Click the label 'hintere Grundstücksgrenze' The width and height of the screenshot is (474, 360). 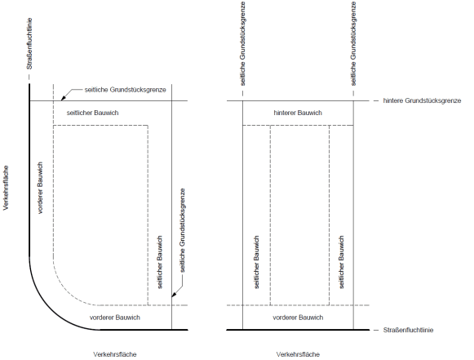[422, 100]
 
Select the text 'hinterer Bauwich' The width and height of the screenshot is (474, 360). [298, 113]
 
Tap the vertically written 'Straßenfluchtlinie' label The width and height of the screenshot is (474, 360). [29, 43]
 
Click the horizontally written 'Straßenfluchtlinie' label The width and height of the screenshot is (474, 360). [408, 330]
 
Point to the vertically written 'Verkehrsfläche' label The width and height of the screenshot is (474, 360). [6, 188]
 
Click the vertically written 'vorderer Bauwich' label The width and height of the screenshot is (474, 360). [40, 189]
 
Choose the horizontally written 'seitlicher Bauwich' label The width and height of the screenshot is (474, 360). [92, 113]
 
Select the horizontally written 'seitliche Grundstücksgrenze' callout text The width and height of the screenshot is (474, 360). [125, 90]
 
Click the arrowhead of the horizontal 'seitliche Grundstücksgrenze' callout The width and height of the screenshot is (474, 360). [63, 98]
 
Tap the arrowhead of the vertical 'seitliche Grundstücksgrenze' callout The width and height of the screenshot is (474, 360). [174, 295]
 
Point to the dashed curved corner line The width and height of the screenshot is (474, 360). [67, 289]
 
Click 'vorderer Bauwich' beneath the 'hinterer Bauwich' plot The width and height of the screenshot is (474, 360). [298, 318]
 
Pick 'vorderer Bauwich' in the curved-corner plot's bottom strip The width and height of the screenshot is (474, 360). [115, 318]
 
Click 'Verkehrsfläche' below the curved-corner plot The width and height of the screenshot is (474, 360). [115, 354]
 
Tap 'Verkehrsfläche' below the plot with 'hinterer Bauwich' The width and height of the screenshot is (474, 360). [298, 354]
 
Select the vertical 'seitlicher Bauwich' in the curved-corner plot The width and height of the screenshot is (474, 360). [160, 262]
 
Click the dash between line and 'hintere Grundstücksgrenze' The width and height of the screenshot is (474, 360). [376, 100]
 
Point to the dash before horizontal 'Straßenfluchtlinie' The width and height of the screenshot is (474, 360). [376, 330]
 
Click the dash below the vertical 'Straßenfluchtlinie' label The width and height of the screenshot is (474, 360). [29, 77]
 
